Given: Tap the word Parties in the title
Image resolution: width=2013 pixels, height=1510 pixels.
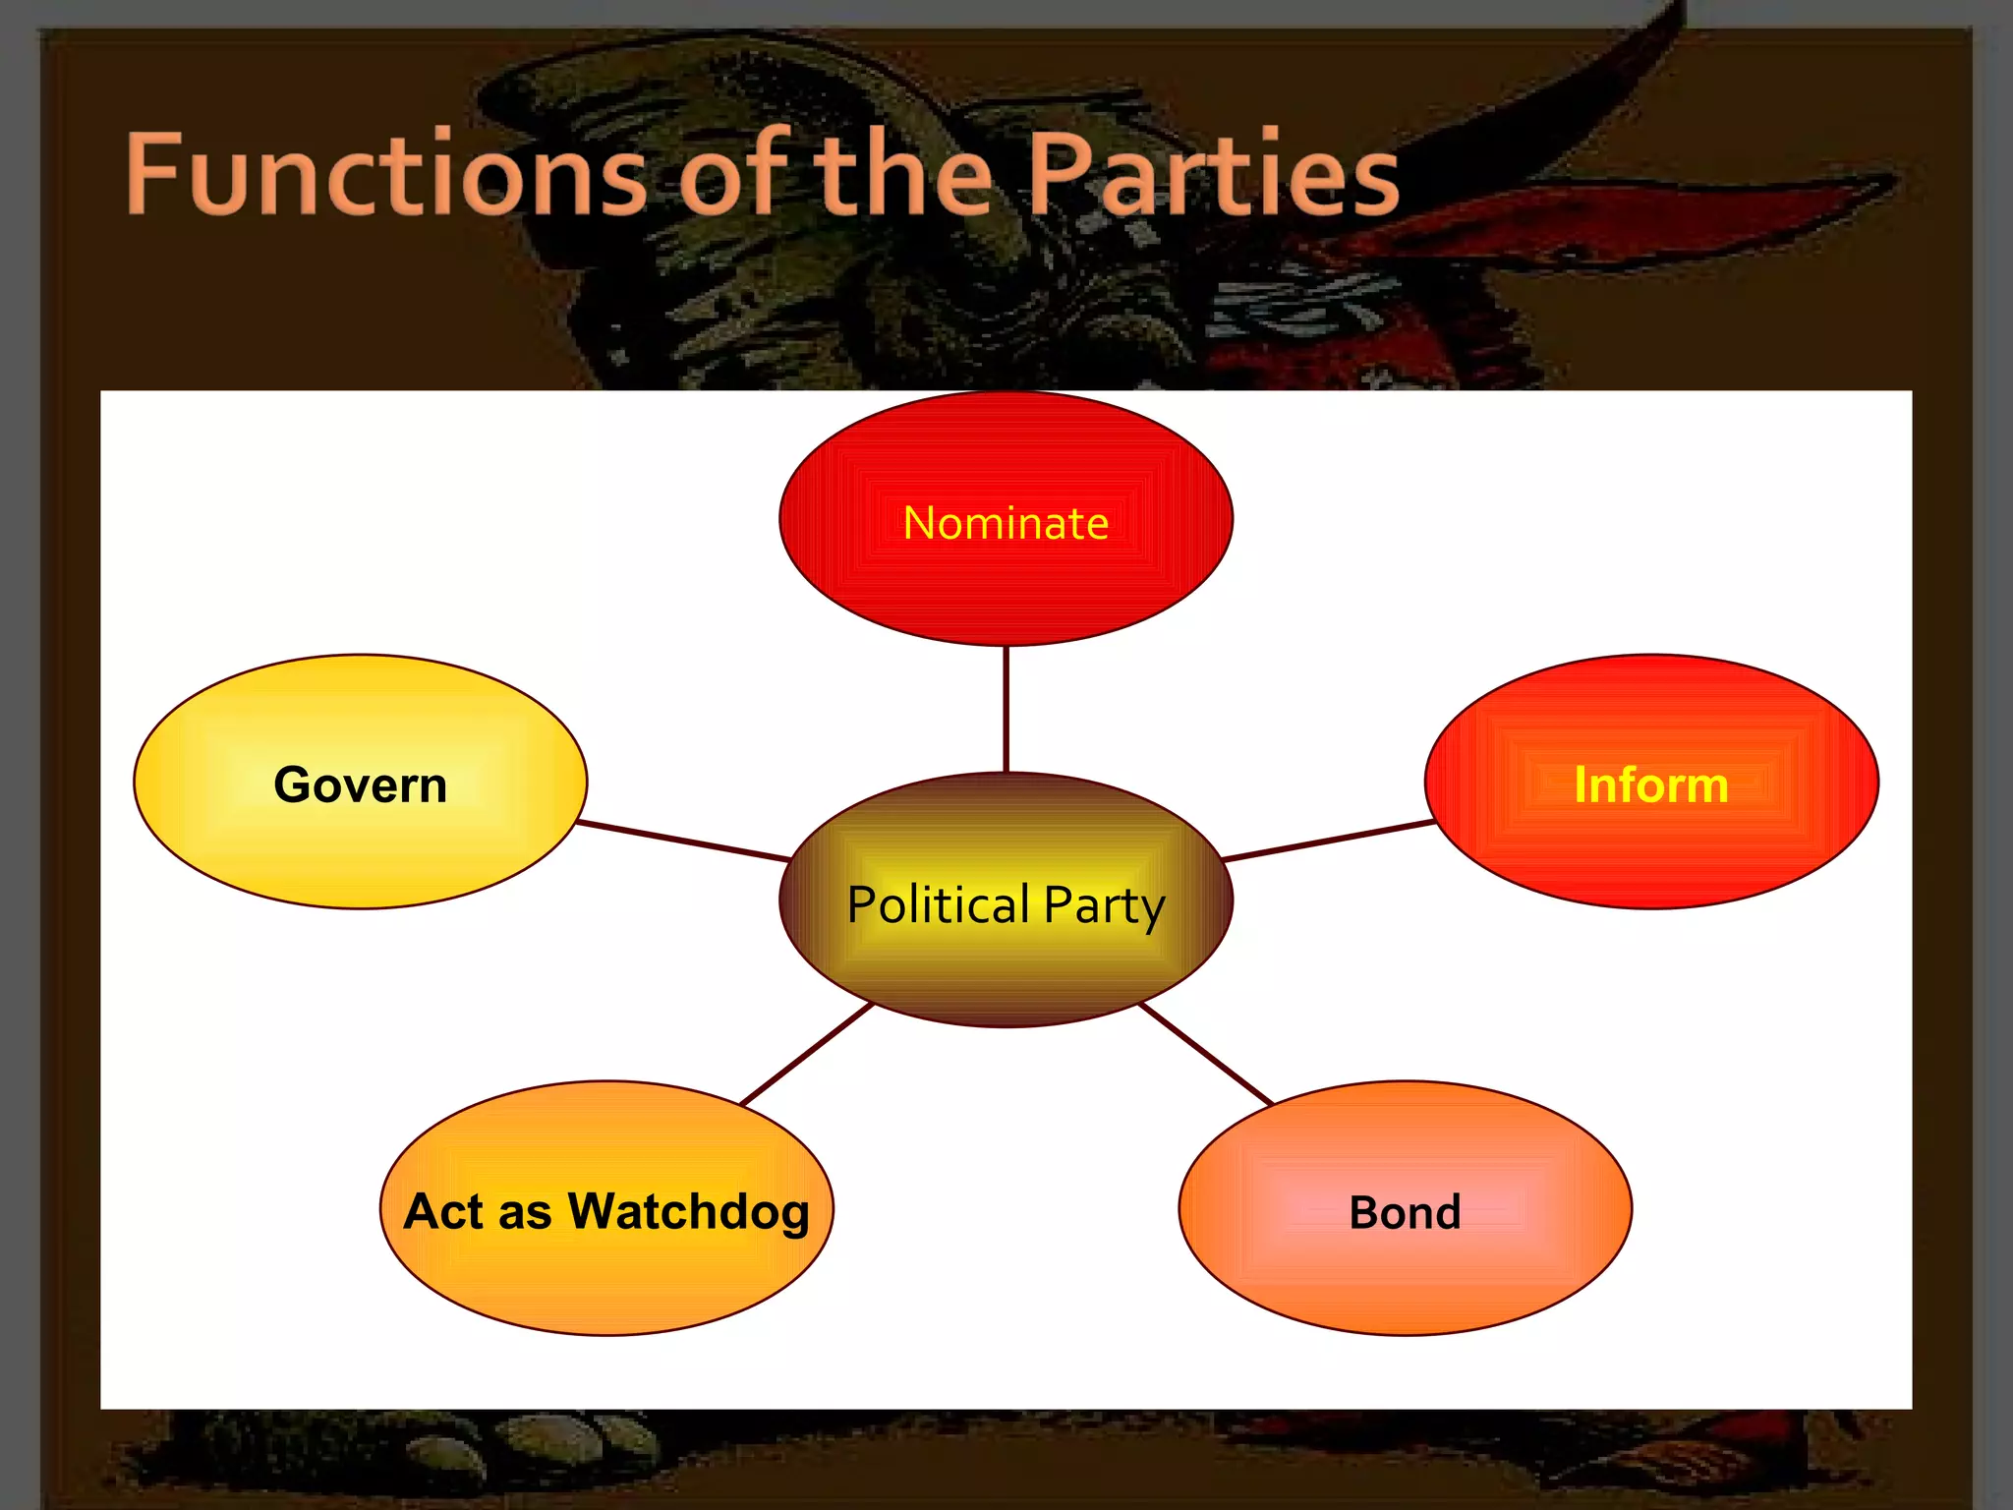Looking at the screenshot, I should pos(1213,175).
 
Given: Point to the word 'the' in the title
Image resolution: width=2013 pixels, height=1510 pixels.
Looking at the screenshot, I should pos(905,175).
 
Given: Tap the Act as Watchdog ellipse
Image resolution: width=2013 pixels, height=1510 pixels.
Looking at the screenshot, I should pos(606,1278).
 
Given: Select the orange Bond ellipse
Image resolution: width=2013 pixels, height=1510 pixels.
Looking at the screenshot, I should pos(1405,1278).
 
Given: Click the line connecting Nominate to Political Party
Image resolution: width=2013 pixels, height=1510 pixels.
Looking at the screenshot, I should pos(1006,709).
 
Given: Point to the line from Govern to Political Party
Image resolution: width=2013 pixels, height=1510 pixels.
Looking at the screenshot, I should pos(683,841).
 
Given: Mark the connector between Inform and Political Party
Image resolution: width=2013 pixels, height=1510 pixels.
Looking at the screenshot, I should pos(1327,841).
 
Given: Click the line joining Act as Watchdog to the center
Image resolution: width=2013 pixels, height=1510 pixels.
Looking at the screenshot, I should pos(806,1054).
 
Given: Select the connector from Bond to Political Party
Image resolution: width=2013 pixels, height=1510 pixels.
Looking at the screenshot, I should pos(1205,1054).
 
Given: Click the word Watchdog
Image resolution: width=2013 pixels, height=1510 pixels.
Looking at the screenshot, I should pos(688,1211).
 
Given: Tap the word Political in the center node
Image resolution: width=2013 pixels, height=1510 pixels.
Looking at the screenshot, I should pos(938,904).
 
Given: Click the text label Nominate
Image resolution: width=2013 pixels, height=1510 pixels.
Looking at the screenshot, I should pos(1006,523).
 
